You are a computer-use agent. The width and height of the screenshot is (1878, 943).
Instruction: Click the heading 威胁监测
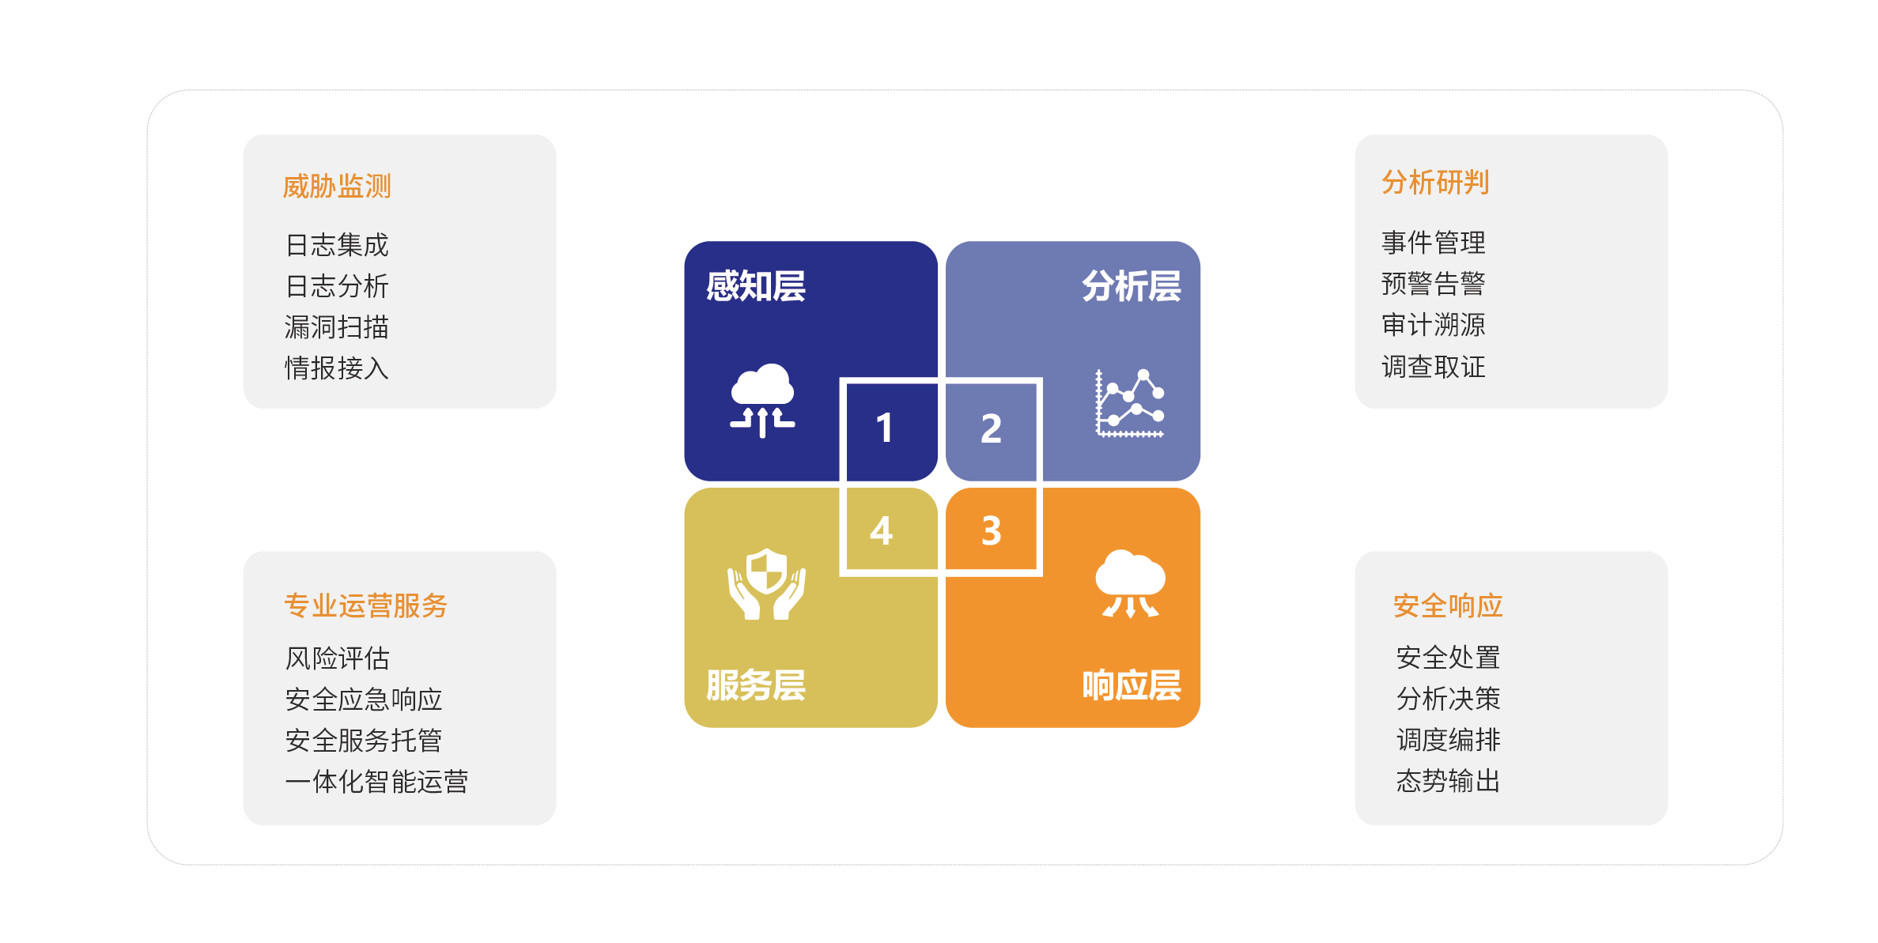[x=337, y=187]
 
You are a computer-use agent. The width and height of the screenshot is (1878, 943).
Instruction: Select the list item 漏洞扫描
[x=337, y=327]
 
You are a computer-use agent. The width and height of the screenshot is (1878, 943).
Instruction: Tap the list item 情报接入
[x=337, y=368]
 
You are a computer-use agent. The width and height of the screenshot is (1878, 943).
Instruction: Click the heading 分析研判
[x=1434, y=183]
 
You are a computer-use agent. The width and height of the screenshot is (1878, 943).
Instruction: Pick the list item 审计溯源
[x=1433, y=325]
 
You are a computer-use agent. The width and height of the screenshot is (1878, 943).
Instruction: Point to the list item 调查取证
[x=1433, y=367]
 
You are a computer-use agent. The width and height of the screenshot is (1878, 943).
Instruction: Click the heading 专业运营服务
[x=365, y=605]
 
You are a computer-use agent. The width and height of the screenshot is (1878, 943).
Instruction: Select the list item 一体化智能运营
[x=376, y=782]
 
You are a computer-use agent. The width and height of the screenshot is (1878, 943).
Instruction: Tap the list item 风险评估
[x=337, y=658]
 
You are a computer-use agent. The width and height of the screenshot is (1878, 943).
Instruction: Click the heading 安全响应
[x=1447, y=605]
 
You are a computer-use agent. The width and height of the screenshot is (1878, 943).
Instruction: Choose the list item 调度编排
[x=1448, y=740]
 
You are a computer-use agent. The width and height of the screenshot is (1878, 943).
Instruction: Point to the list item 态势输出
[x=1448, y=781]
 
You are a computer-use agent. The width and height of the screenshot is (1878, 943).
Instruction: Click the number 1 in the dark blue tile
[x=884, y=428]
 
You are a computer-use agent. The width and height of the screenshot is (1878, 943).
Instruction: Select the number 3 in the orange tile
[x=991, y=530]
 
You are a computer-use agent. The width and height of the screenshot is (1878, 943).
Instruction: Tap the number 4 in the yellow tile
[x=881, y=530]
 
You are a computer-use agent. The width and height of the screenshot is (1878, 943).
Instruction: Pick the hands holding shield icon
[x=766, y=584]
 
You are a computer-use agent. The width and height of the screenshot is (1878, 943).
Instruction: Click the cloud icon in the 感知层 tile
[x=762, y=400]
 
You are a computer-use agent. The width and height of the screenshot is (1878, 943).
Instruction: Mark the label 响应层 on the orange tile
[x=1131, y=685]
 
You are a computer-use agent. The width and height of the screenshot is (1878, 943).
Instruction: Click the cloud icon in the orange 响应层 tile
[x=1130, y=584]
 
